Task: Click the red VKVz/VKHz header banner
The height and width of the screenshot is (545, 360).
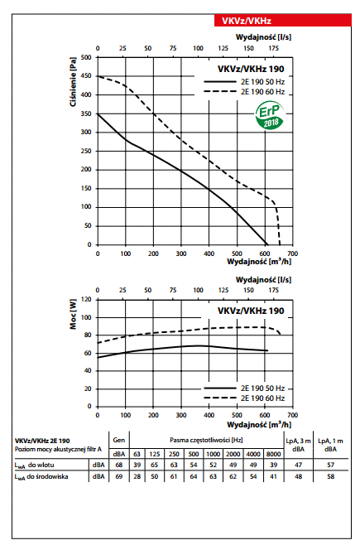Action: point(282,21)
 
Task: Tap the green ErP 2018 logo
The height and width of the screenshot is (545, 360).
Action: point(270,115)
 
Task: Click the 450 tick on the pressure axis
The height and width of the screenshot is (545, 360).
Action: point(86,75)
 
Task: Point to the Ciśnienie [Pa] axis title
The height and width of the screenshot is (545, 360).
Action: point(73,82)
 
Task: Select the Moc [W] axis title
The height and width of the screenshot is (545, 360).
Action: point(73,314)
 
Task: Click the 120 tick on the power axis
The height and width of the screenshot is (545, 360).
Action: point(86,299)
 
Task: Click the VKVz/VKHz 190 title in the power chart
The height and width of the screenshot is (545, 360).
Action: point(251,311)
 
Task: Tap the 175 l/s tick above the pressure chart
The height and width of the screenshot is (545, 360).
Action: point(273,48)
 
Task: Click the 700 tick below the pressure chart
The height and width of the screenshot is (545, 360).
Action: point(292,253)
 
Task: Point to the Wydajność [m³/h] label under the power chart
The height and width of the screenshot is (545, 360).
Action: point(259,424)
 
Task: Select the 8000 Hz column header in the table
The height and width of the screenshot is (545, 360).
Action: point(273,454)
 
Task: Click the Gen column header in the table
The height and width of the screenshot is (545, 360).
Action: point(118,440)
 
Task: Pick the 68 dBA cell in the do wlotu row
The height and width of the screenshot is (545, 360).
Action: point(118,465)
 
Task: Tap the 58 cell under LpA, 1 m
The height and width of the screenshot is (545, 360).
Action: point(330,476)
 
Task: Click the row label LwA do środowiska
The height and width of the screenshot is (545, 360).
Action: point(41,476)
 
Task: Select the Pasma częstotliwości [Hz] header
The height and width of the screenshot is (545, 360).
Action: point(206,440)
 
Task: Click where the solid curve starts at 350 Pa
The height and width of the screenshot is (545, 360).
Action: point(98,113)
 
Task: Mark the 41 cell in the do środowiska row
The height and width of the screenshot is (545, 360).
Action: point(273,476)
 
